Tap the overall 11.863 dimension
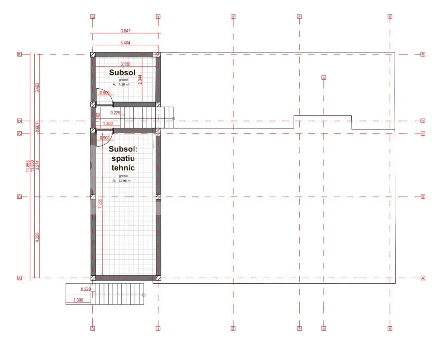coord(28,166)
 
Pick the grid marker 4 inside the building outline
coord(324,78)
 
